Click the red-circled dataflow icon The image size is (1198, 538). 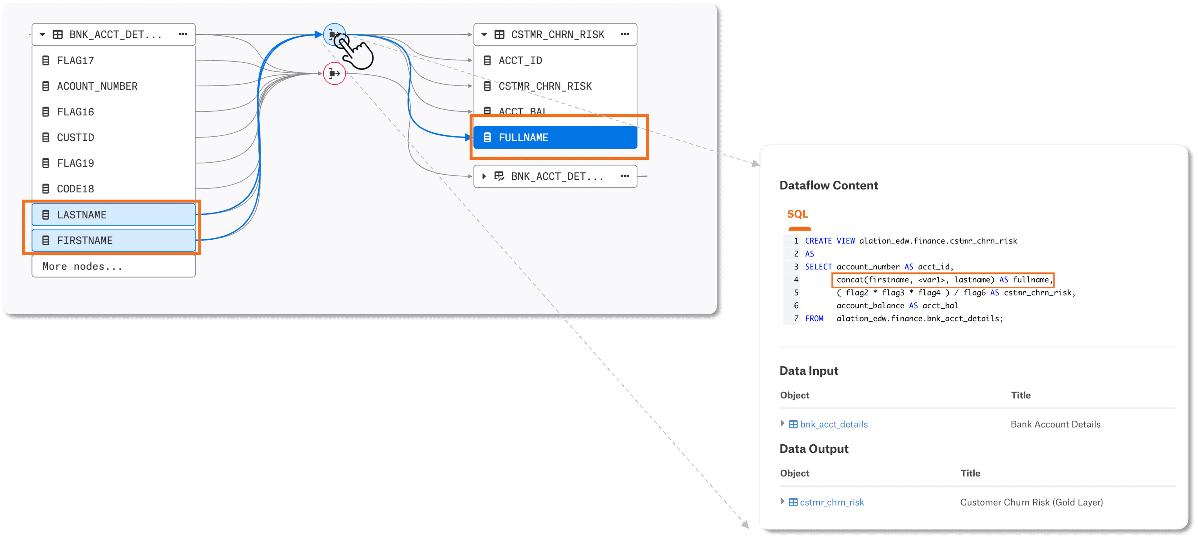pyautogui.click(x=334, y=73)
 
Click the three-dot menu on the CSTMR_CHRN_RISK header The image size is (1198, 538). pyautogui.click(x=625, y=34)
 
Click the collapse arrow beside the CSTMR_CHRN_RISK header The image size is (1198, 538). pyautogui.click(x=484, y=34)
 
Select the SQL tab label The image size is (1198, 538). pyautogui.click(x=798, y=214)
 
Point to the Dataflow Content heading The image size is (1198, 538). pyautogui.click(x=828, y=186)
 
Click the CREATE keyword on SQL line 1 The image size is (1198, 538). pyautogui.click(x=818, y=241)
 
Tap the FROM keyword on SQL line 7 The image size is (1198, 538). pyautogui.click(x=814, y=319)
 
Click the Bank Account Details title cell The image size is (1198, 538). pyautogui.click(x=1055, y=424)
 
